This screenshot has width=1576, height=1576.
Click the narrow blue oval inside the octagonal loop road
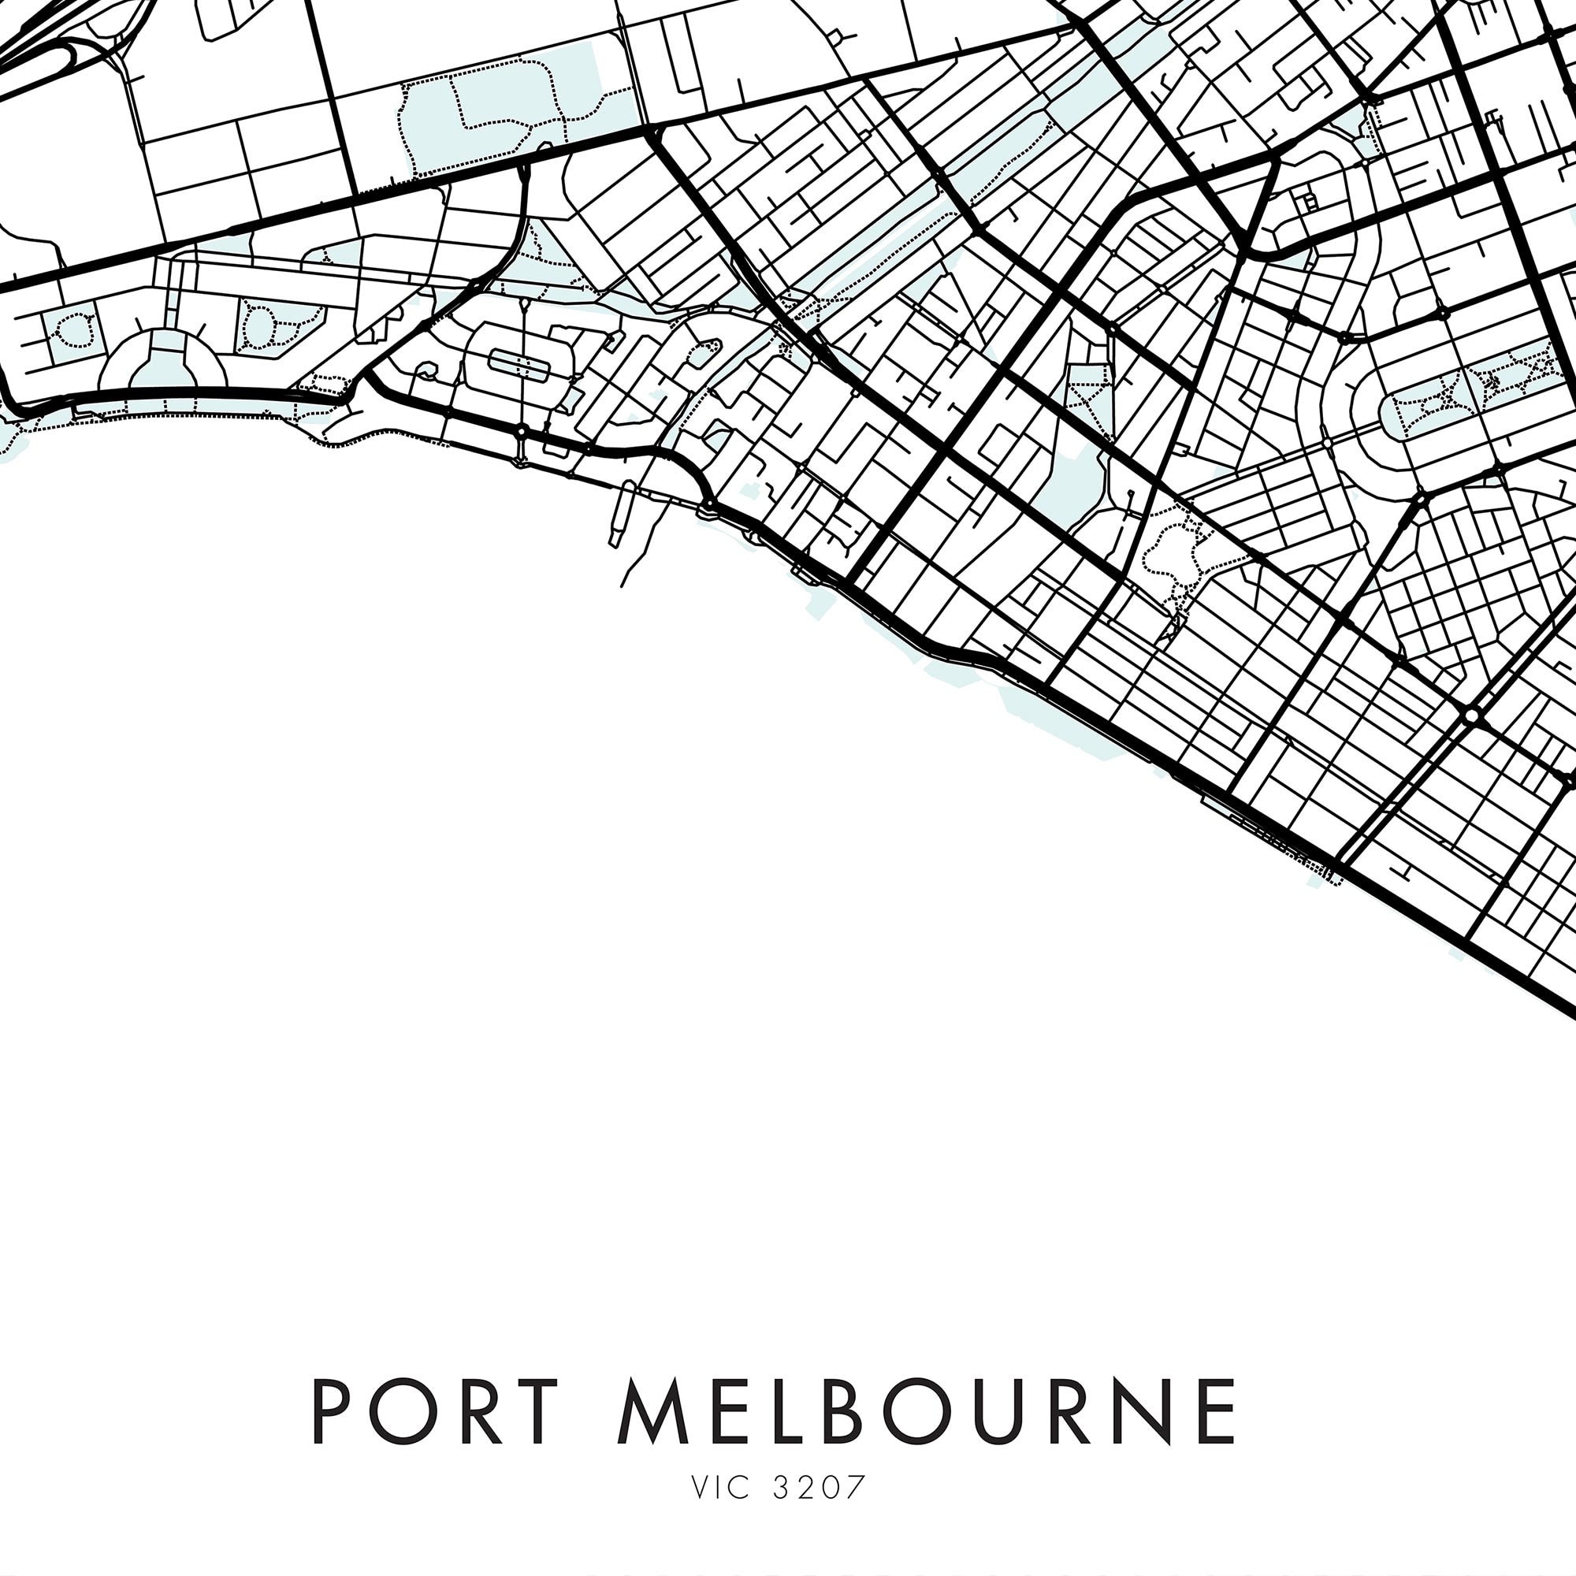[x=519, y=364]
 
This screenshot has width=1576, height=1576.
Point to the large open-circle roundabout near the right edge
[x=1471, y=716]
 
